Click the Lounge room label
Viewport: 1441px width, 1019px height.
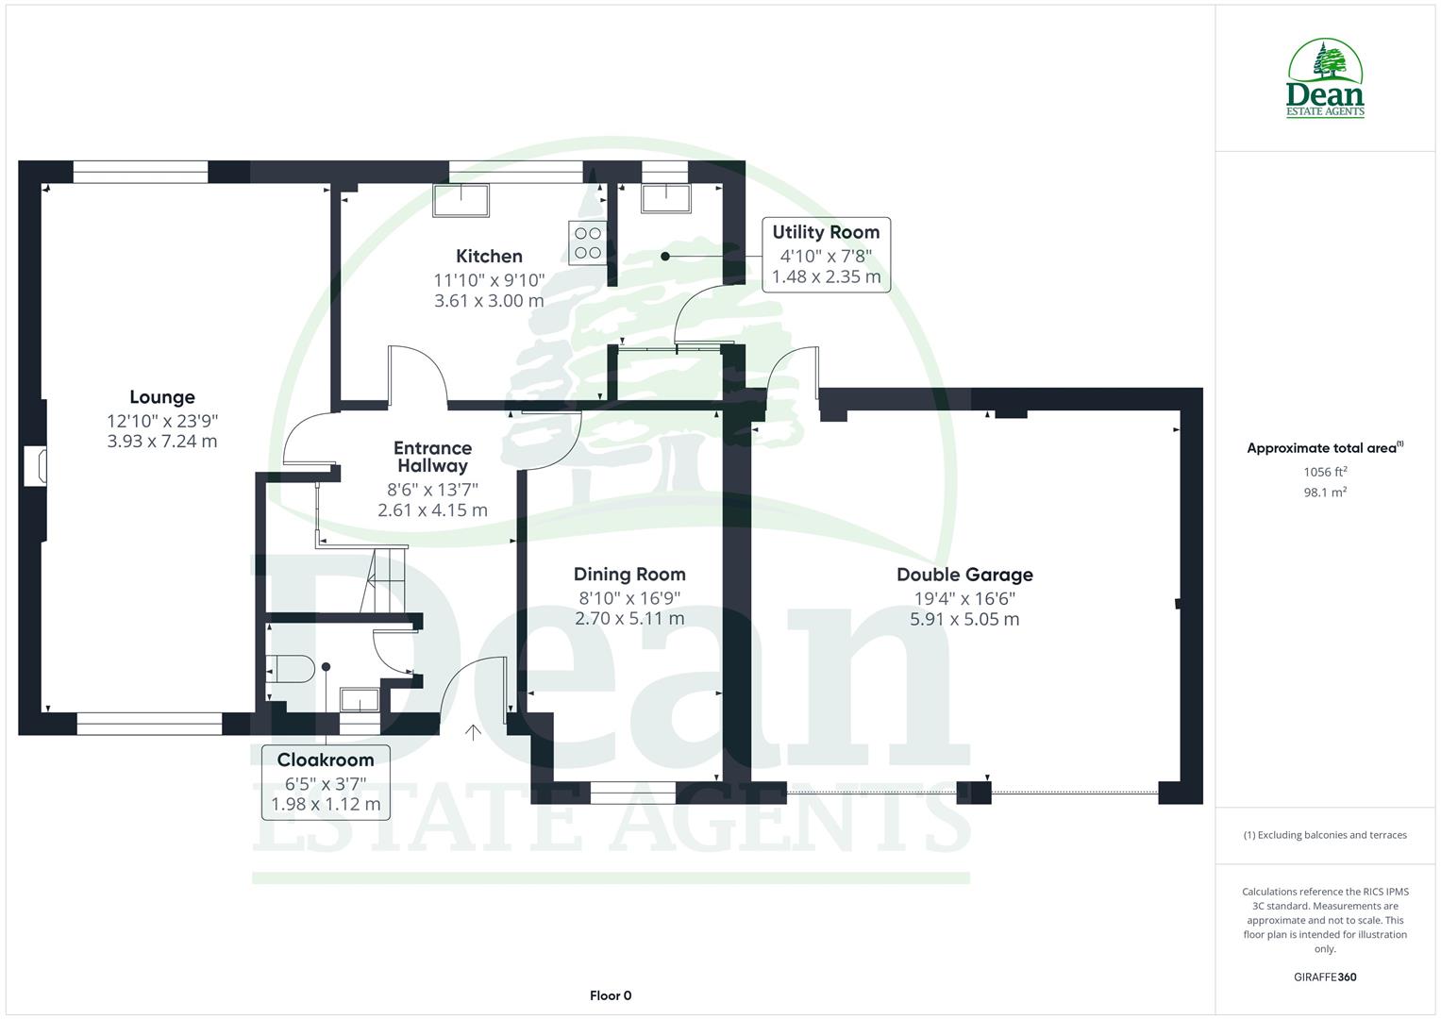tap(162, 397)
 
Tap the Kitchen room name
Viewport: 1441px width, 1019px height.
tap(489, 256)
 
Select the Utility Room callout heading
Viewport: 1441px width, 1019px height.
tap(826, 232)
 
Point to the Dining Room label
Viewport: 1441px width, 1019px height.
tap(629, 575)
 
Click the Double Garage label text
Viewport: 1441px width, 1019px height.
tap(964, 575)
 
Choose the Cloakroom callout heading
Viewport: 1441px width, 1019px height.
tap(326, 760)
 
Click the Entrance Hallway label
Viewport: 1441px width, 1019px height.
tap(432, 457)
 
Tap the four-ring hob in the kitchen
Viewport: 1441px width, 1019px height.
tap(587, 242)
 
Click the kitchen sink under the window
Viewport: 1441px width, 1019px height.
tap(461, 200)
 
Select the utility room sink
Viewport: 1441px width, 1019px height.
tap(665, 198)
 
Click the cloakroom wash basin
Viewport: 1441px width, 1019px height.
tap(359, 700)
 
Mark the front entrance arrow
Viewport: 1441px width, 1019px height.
tap(473, 731)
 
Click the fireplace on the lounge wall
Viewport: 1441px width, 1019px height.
tap(35, 466)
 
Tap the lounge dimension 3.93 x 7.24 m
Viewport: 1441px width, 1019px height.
tap(162, 442)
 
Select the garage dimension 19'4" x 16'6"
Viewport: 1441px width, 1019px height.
tap(964, 598)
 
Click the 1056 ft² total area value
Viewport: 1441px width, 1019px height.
tap(1325, 472)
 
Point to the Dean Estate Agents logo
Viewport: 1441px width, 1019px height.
tap(1326, 79)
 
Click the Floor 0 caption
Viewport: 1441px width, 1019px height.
tap(611, 995)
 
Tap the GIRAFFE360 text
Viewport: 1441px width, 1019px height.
tap(1325, 977)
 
